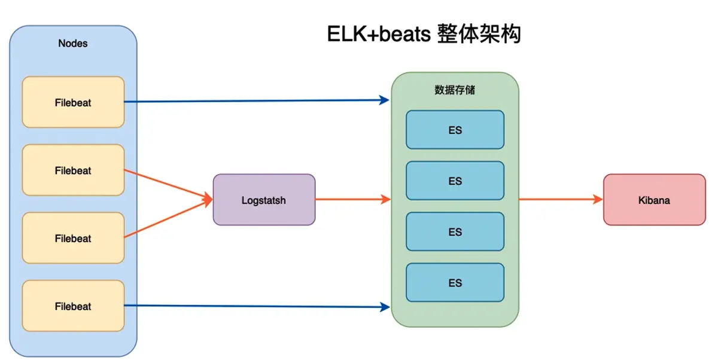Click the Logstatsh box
pyautogui.click(x=264, y=200)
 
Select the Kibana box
pyautogui.click(x=655, y=200)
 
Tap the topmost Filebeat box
pyautogui.click(x=73, y=102)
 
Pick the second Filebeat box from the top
pyautogui.click(x=73, y=170)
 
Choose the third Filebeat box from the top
pyautogui.click(x=73, y=238)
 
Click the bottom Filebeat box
pyautogui.click(x=73, y=306)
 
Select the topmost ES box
pyautogui.click(x=455, y=130)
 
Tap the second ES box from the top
pyautogui.click(x=455, y=181)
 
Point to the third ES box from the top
pyautogui.click(x=455, y=231)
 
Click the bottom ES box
pyautogui.click(x=455, y=282)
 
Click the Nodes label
pyautogui.click(x=73, y=43)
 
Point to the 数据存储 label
pyautogui.click(x=455, y=90)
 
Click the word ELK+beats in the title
pyautogui.click(x=379, y=34)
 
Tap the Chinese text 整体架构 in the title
pyautogui.click(x=479, y=33)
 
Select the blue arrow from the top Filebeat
pyautogui.click(x=257, y=101)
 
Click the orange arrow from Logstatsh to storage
pyautogui.click(x=353, y=199)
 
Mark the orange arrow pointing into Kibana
pyautogui.click(x=561, y=199)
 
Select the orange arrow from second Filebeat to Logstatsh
pyautogui.click(x=168, y=184)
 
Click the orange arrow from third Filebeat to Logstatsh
pyautogui.click(x=168, y=218)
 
